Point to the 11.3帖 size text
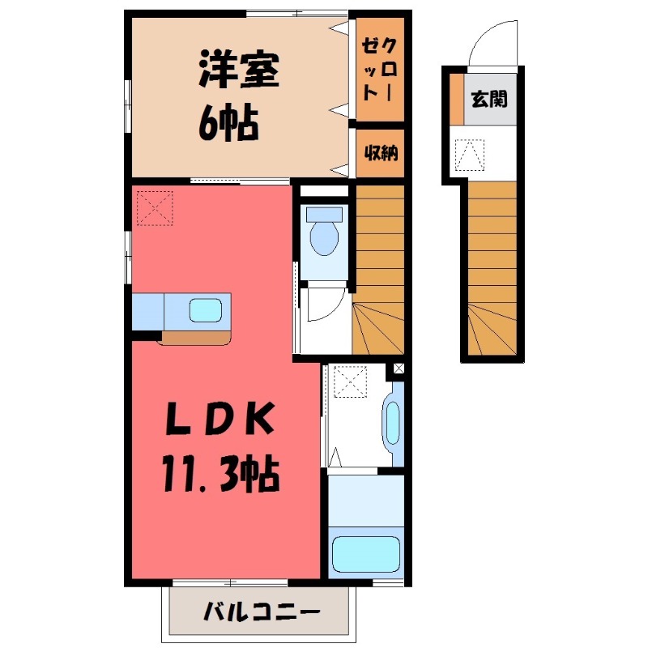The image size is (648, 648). point(220,472)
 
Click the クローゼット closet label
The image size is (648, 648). point(380,70)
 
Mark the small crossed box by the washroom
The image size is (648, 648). point(398,369)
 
